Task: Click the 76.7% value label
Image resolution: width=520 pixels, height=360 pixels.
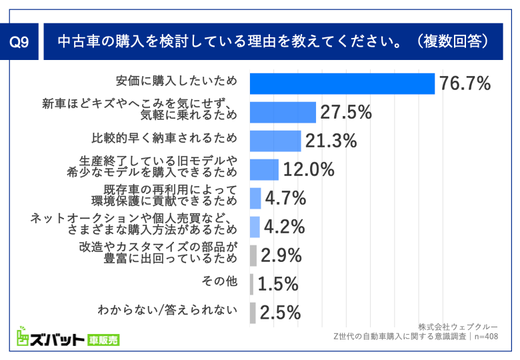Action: pos(464,83)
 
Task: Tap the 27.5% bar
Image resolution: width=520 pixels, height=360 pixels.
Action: pos(283,113)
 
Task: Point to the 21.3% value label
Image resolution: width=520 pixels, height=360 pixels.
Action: pos(331,141)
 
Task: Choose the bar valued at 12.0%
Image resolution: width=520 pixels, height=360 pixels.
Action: pos(264,169)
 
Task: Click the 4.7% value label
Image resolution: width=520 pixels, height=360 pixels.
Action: pos(285,198)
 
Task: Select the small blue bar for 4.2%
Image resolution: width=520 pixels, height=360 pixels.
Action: pos(255,227)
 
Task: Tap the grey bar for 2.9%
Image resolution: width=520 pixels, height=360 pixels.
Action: pos(253,255)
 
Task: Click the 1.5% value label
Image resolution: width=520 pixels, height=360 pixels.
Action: pos(277,284)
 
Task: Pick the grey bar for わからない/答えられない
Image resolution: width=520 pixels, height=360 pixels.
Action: pos(253,313)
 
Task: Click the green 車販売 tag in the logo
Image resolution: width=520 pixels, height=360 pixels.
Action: pos(103,340)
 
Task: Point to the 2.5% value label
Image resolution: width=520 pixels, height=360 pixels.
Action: pos(280,313)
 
